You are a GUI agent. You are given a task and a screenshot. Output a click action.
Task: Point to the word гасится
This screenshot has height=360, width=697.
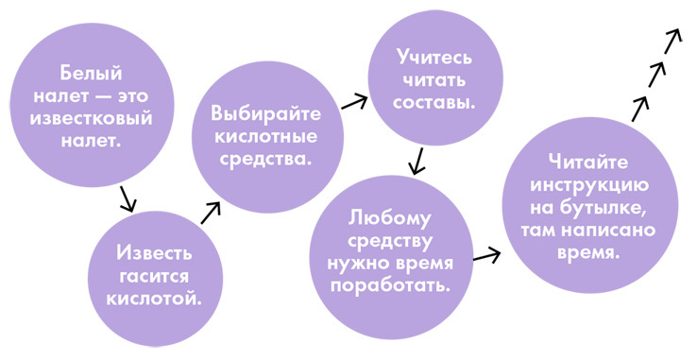154,277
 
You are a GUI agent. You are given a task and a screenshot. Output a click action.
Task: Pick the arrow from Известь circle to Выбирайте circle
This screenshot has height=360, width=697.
211,211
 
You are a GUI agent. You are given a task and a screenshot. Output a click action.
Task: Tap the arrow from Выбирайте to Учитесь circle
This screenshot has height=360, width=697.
354,101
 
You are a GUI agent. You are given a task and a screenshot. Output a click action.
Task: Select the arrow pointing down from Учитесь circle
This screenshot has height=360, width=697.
416,163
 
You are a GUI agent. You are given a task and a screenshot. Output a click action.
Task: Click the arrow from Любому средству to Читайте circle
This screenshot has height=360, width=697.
485,255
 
